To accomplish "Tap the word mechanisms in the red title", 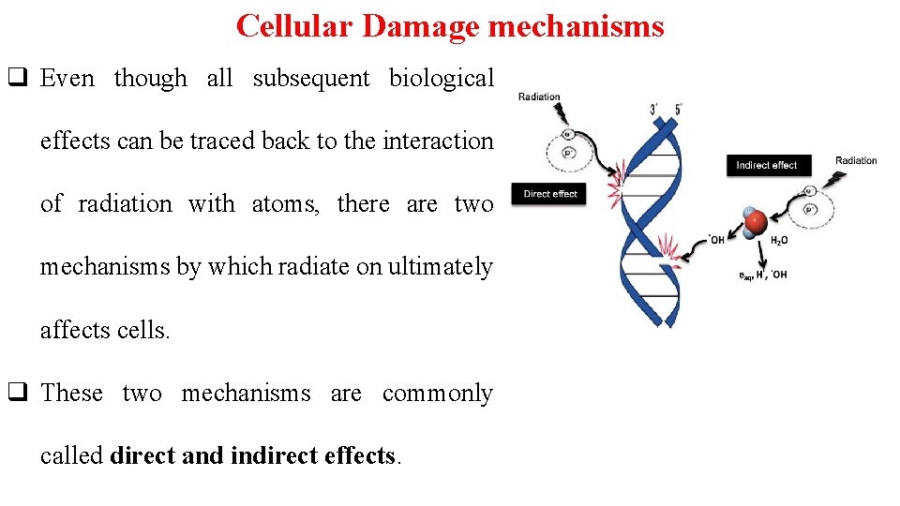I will [577, 25].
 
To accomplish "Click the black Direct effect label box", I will [550, 194].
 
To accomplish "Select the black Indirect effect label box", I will [766, 165].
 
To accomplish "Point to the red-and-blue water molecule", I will [756, 221].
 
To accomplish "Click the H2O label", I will [778, 241].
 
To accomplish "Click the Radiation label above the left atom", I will [539, 97].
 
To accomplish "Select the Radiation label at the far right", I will [856, 160].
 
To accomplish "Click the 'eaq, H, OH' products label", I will [762, 275].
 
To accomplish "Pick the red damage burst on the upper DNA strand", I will [617, 178].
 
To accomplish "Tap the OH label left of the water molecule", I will [716, 239].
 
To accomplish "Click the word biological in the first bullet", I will [441, 79].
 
